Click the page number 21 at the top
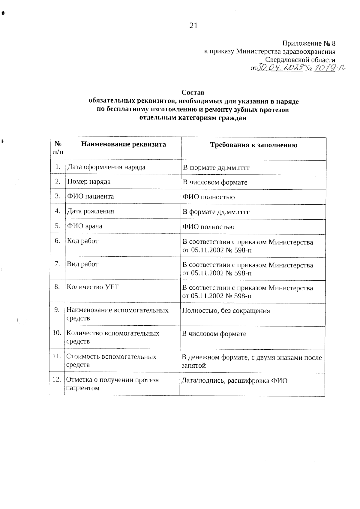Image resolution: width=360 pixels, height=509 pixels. (x=193, y=26)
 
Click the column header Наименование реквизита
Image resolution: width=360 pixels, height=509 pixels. (x=123, y=144)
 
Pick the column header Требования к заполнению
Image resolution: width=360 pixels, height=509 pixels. (x=253, y=145)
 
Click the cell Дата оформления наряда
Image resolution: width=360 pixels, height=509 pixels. (x=106, y=167)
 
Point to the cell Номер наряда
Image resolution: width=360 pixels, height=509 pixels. (x=89, y=182)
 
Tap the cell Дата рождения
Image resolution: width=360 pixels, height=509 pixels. (x=91, y=211)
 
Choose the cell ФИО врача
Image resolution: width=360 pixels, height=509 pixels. (x=85, y=226)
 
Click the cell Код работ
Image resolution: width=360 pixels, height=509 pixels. (x=82, y=241)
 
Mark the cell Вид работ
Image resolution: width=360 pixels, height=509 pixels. (x=82, y=264)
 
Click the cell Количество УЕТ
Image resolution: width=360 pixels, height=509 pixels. (x=93, y=287)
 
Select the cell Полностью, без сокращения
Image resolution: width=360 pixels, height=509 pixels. (x=226, y=311)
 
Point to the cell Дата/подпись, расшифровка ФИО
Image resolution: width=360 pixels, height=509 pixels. (x=235, y=381)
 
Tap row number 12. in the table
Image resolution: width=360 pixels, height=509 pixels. (x=57, y=380)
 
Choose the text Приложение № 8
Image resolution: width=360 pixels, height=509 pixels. (x=309, y=44)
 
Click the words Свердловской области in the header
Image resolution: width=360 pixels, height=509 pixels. (x=300, y=60)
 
